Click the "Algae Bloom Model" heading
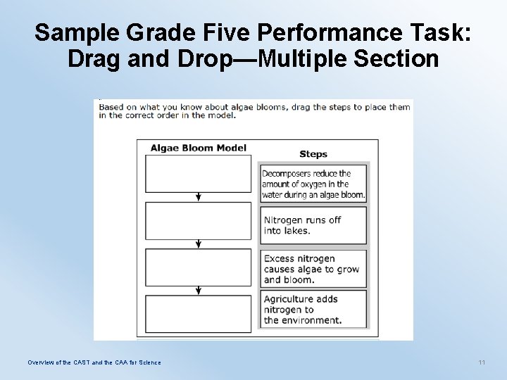click(x=199, y=148)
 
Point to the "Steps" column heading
click(x=313, y=154)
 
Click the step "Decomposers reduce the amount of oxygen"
click(x=313, y=184)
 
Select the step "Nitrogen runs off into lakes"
click(x=313, y=225)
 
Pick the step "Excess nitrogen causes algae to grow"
click(x=313, y=269)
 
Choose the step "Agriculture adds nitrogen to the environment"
click(x=313, y=310)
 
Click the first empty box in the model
click(x=198, y=174)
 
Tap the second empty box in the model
click(x=198, y=221)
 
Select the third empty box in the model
click(x=198, y=267)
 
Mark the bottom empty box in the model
click(x=198, y=314)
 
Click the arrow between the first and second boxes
click(x=199, y=198)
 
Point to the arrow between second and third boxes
click(x=199, y=244)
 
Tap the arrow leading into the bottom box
click(x=199, y=291)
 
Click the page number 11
click(x=482, y=362)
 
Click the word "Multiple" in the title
click(x=307, y=59)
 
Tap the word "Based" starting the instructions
click(x=111, y=107)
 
